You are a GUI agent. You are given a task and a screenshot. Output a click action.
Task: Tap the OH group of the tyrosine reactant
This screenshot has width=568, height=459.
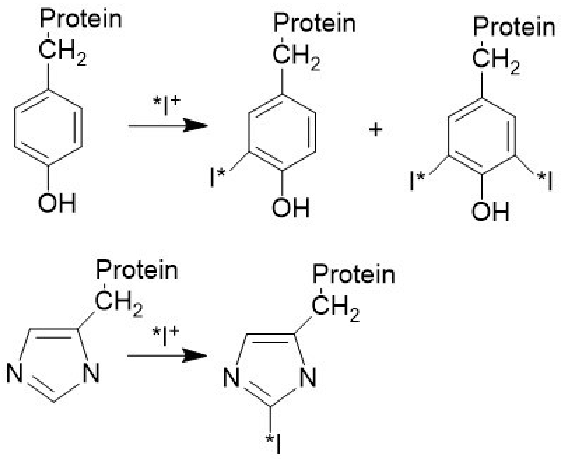57,203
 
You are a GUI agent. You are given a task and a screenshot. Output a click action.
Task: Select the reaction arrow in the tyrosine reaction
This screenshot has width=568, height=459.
168,125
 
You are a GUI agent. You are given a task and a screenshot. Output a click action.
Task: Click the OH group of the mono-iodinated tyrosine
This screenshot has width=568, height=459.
291,208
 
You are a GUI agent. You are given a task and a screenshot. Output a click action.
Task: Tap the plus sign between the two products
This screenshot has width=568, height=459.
376,130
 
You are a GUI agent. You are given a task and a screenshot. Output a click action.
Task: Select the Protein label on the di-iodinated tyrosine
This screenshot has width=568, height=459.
514,27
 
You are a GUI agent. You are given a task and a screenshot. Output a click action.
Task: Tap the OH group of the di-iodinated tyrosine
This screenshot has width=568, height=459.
490,212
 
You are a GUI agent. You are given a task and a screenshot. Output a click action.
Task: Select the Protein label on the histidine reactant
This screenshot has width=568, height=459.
137,270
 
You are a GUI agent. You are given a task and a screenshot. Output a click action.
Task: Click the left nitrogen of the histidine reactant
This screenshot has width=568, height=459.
14,373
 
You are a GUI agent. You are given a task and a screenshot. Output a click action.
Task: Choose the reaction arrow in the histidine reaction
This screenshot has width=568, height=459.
167,356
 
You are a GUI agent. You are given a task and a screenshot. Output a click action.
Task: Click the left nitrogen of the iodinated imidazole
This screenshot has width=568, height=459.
231,377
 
